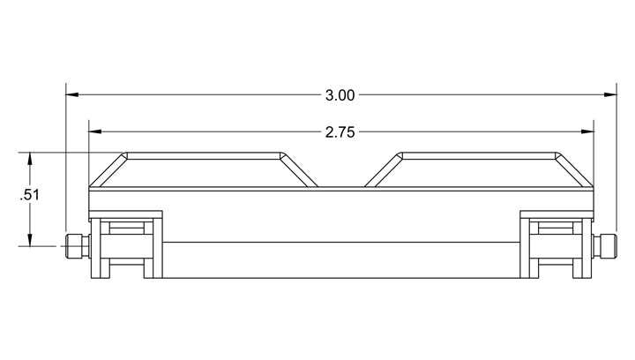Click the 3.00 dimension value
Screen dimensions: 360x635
[340, 94]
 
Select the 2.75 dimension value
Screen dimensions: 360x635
[340, 132]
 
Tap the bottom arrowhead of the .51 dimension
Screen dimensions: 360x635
[31, 242]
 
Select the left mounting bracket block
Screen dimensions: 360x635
[129, 243]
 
